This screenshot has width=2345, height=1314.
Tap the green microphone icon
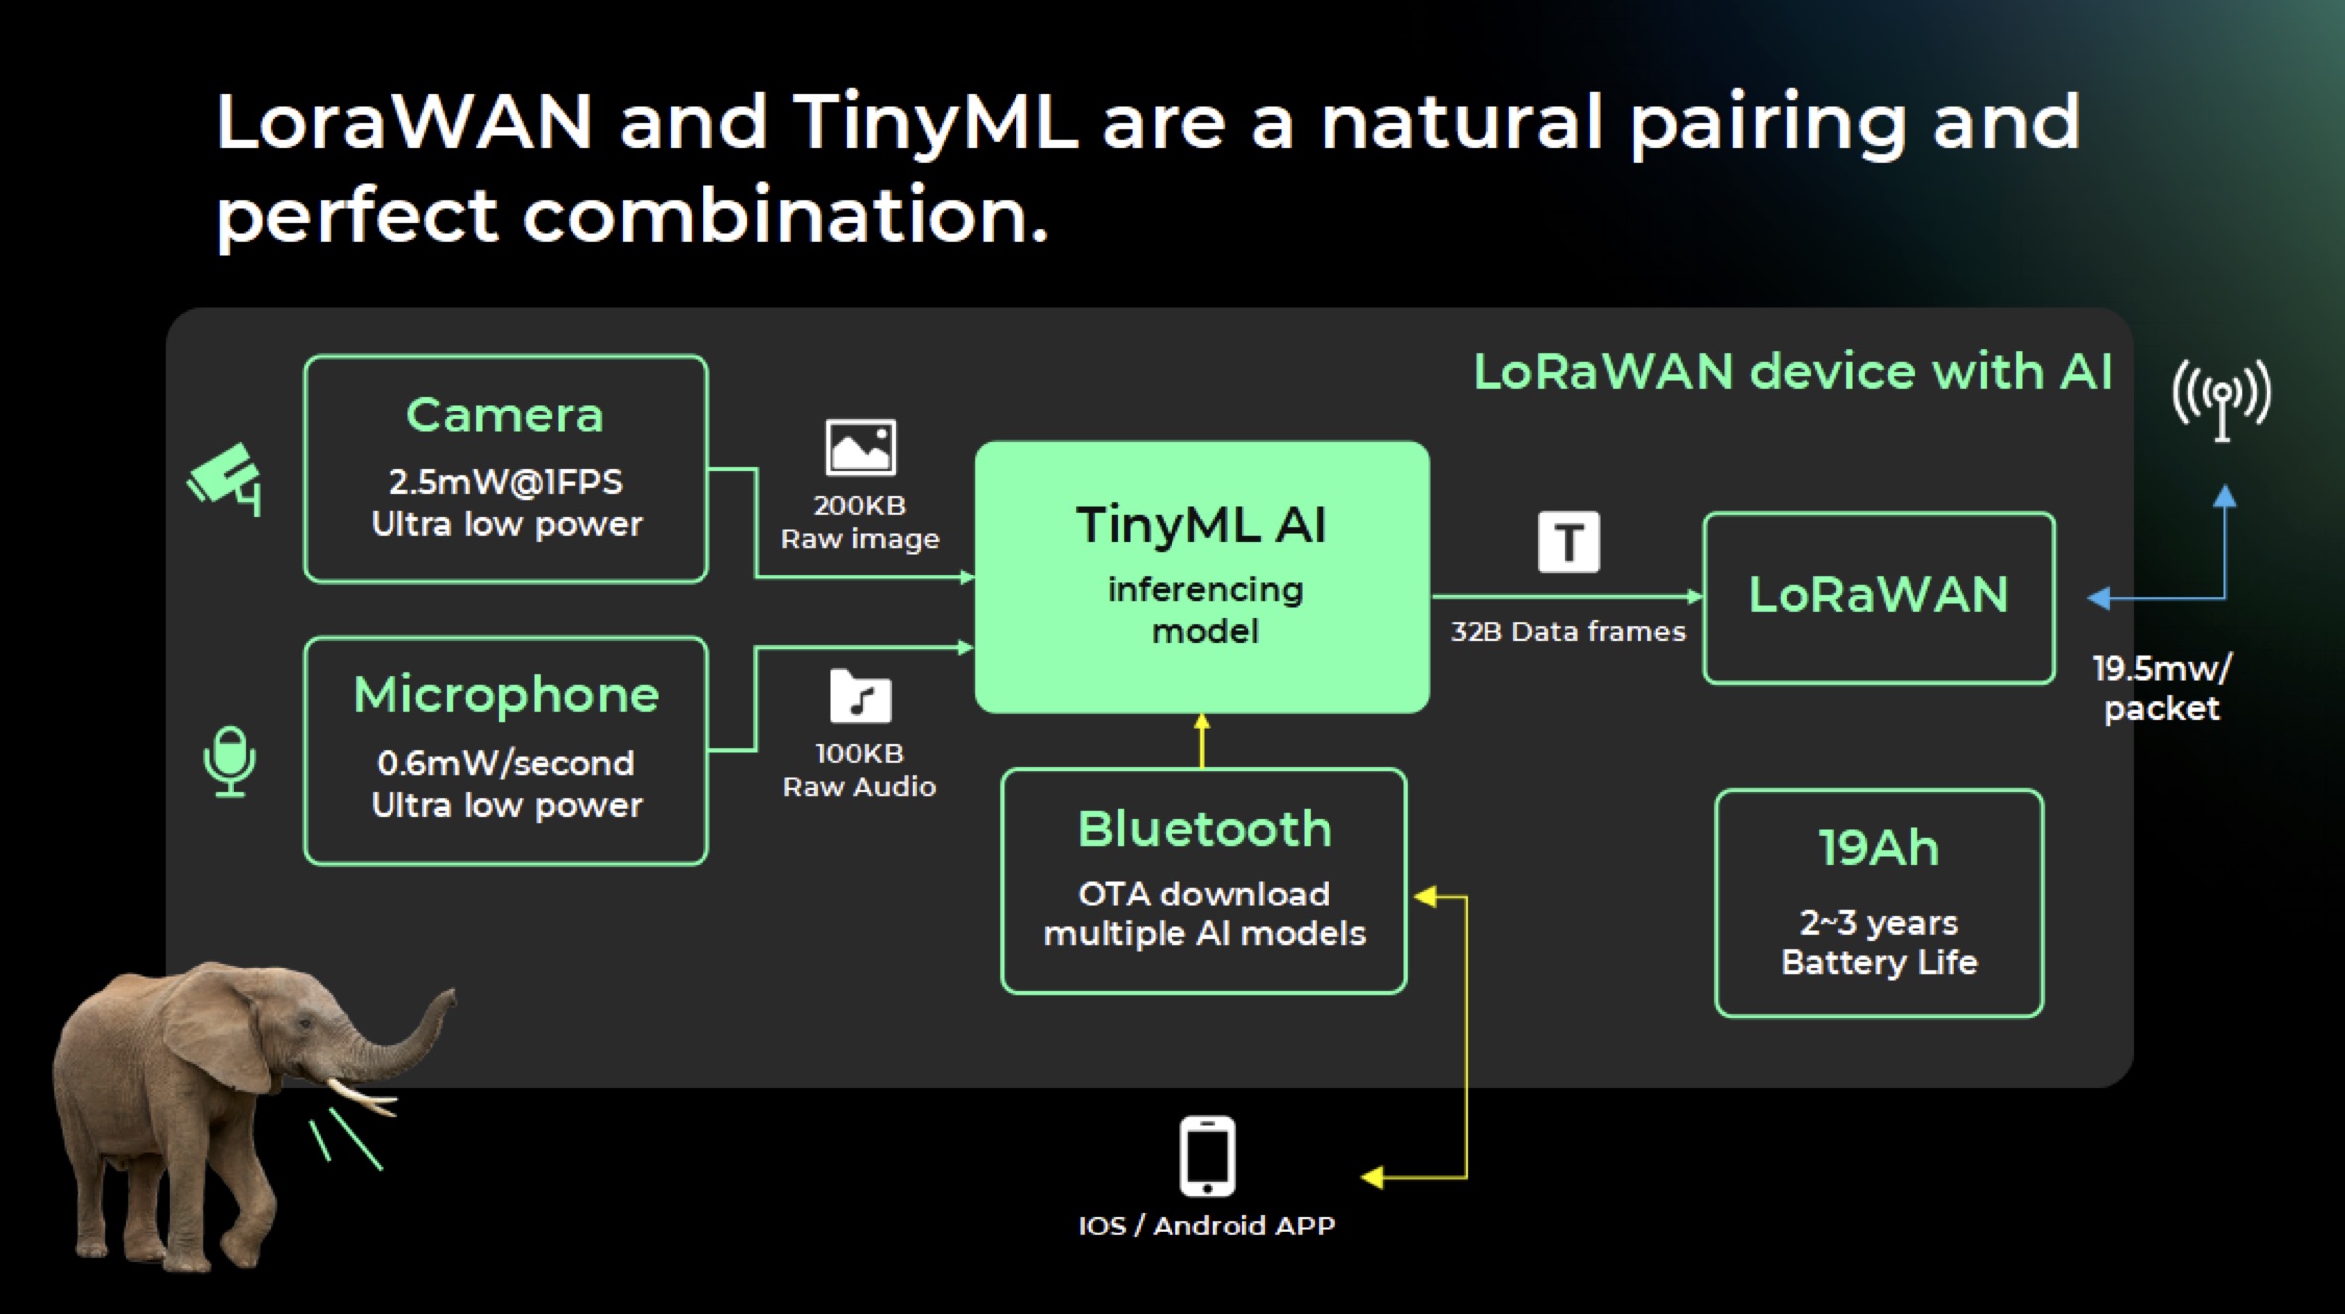tap(230, 760)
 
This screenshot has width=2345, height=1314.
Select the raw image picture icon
tap(860, 447)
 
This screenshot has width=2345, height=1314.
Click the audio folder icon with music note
tap(860, 695)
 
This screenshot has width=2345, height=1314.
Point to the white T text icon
tap(1569, 542)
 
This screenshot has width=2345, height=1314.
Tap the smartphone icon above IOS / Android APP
tap(1207, 1156)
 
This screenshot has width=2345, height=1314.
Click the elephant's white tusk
tap(362, 1097)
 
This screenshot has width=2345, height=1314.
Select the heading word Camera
tap(505, 414)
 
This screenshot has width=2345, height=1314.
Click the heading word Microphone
tap(506, 694)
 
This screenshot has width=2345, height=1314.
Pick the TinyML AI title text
tap(1200, 524)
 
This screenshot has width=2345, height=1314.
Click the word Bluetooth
tap(1204, 829)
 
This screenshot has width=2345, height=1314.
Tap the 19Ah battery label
tap(1879, 848)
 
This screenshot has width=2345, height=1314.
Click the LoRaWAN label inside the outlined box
tap(1878, 595)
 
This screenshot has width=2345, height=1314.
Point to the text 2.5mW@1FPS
tap(505, 482)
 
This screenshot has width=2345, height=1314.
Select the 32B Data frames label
tap(1568, 631)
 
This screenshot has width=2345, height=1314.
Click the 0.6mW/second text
tap(505, 763)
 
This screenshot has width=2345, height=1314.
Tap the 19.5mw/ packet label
tap(2162, 688)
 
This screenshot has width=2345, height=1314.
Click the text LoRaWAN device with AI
tap(1792, 372)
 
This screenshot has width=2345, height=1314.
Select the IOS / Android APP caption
tap(1207, 1226)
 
